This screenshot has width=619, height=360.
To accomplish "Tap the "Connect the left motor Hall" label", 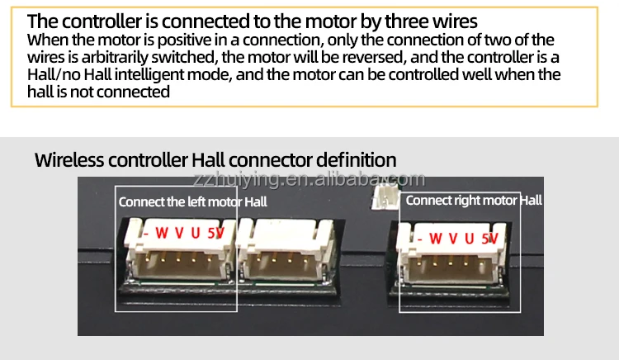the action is pos(192,201).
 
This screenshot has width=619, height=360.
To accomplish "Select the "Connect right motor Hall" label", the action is pos(474,200).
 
